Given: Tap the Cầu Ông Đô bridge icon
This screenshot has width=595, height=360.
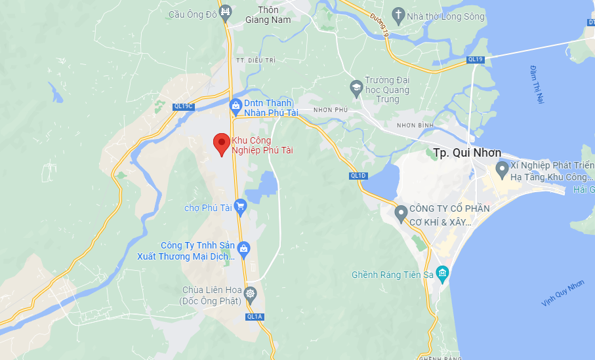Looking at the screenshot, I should [226, 12].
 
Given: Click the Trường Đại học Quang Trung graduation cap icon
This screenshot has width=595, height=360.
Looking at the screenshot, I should [356, 87].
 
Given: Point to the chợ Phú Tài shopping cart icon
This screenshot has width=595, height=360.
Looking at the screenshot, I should [240, 207].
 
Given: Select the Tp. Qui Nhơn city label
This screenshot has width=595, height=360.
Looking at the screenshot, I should [467, 153].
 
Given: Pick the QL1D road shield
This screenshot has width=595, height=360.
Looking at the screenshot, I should [358, 175].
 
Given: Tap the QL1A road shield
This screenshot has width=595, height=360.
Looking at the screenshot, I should [255, 317].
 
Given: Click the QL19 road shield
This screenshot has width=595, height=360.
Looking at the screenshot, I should [475, 59].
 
